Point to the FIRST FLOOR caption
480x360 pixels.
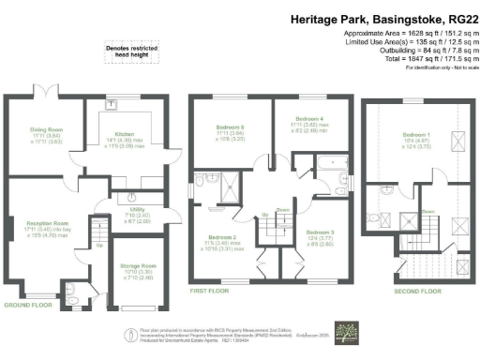point(212,292)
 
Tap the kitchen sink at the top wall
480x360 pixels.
point(111,105)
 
